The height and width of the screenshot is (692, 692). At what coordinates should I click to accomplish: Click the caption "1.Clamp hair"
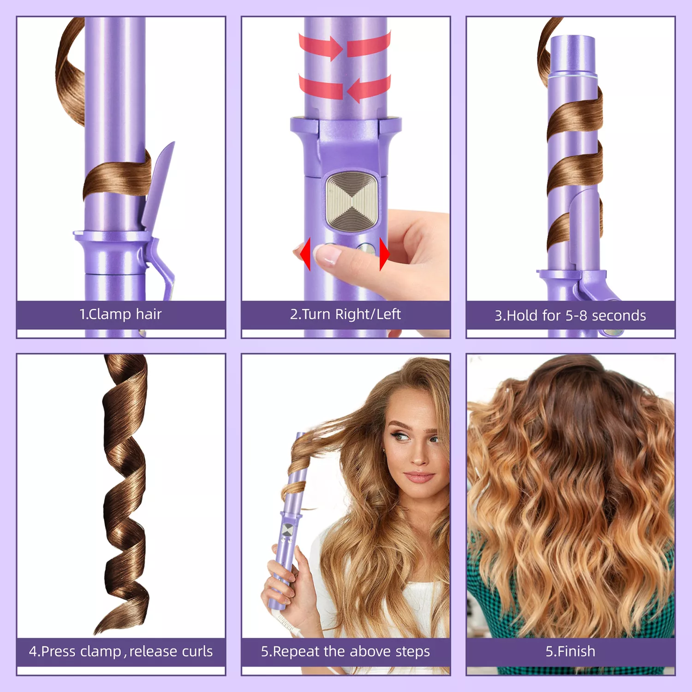(120, 314)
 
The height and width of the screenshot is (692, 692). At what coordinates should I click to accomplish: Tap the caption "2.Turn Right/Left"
(345, 314)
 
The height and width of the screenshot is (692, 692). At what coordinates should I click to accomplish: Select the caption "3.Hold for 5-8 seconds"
(570, 316)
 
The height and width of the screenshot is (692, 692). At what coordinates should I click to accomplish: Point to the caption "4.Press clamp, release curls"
(121, 651)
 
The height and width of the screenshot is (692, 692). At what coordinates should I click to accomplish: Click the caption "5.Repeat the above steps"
(345, 651)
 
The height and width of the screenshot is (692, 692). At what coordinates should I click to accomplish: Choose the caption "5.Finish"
(570, 651)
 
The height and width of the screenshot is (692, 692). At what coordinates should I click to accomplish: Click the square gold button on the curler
(353, 201)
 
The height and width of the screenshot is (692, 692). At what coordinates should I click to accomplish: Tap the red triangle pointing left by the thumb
(305, 254)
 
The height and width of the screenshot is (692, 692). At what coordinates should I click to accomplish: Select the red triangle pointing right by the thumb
(384, 254)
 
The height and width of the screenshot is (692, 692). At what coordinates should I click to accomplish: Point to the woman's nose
(418, 454)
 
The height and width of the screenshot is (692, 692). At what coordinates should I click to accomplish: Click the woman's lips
(419, 477)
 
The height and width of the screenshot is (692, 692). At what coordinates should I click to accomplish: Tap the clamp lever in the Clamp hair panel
(159, 217)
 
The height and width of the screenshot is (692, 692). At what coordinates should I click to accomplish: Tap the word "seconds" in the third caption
(619, 316)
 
